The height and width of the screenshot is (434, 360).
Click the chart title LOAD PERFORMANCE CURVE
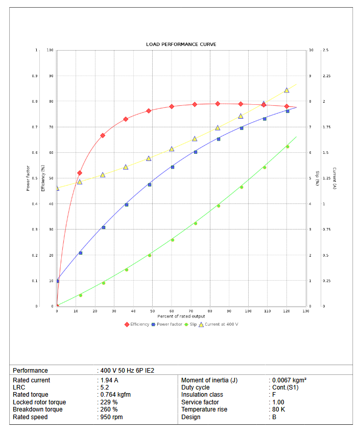tap(181, 44)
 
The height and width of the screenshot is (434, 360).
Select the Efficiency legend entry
tap(137, 324)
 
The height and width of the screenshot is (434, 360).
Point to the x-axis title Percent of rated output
tap(181, 316)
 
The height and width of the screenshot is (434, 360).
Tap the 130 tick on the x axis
tap(305, 311)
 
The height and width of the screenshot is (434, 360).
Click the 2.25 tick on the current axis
tap(327, 76)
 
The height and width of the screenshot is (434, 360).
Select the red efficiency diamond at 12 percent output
tap(80, 173)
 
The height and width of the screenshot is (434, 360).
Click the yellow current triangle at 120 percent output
tap(286, 90)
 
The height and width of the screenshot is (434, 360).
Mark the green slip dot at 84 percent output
tap(219, 205)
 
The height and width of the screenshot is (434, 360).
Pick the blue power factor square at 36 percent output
tap(126, 205)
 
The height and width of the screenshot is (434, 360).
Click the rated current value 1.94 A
tap(109, 380)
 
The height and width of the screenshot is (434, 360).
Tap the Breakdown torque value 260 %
tap(108, 409)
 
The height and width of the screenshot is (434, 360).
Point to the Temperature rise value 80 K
tap(278, 409)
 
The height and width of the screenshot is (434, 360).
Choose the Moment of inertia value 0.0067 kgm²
tap(289, 380)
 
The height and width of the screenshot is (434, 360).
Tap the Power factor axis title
tap(28, 178)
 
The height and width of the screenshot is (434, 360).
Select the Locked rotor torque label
tap(39, 402)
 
